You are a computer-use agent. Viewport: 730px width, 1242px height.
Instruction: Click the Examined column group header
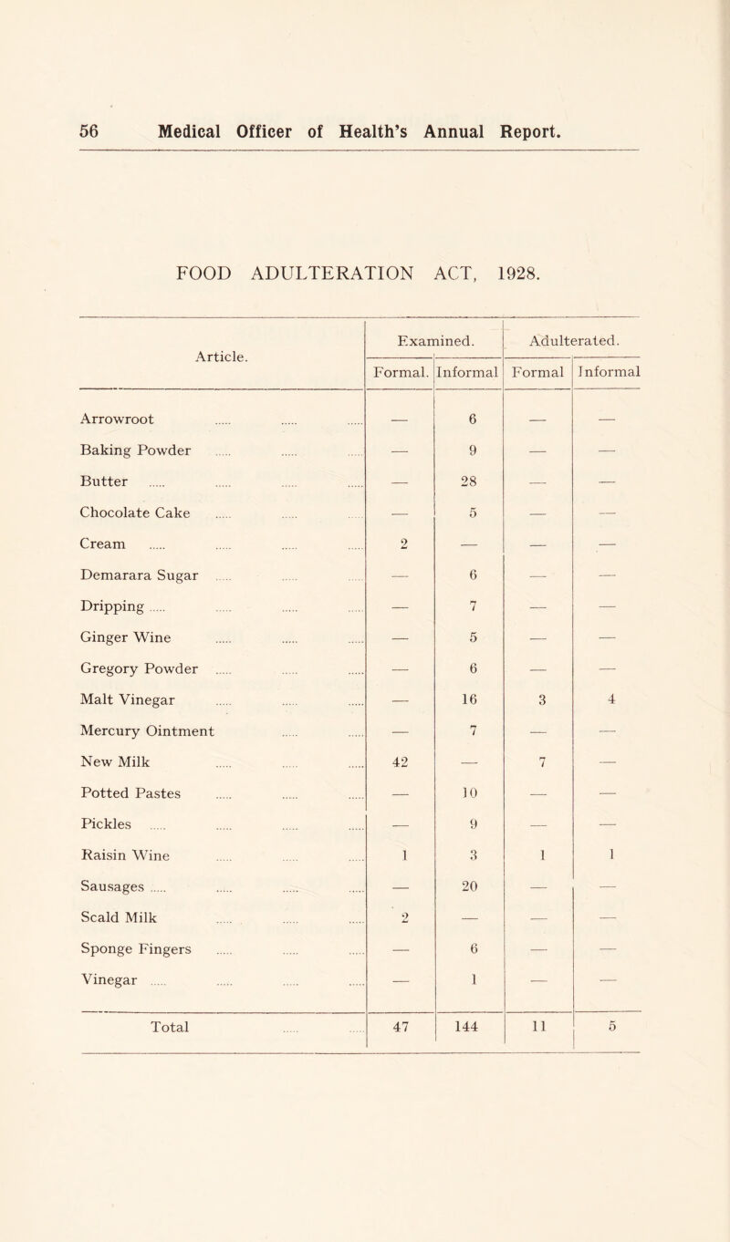coord(435,340)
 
